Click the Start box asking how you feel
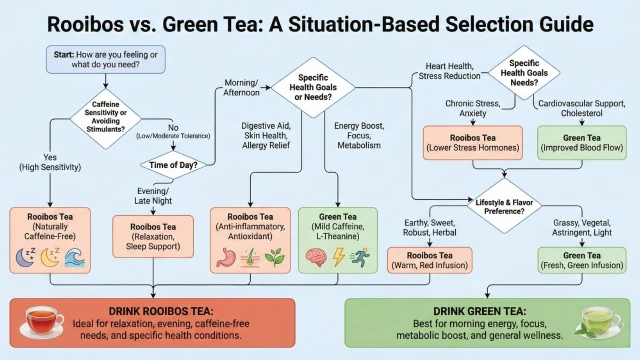tap(106, 60)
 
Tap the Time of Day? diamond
tap(173, 165)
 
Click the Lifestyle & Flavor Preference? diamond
tap(504, 207)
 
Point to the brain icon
tap(316, 257)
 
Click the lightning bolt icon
tap(339, 257)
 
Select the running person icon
tap(360, 257)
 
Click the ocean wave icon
tap(75, 258)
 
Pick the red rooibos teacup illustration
tap(42, 322)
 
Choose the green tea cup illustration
tap(598, 322)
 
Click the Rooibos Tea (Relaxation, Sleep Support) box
tap(153, 237)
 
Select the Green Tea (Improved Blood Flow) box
tap(582, 142)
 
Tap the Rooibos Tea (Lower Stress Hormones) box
tap(473, 142)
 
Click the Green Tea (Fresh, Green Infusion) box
tap(582, 260)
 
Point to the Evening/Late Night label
tap(153, 196)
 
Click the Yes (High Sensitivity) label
tap(50, 162)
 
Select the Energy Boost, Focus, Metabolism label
tap(359, 136)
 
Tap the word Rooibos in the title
tap(85, 24)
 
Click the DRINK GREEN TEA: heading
tap(480, 311)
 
